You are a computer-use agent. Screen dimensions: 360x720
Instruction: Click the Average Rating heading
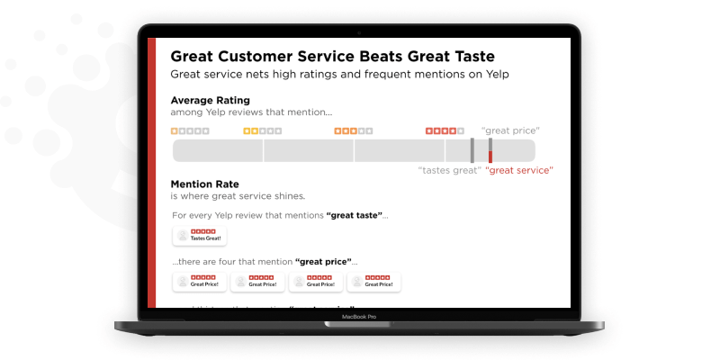click(210, 100)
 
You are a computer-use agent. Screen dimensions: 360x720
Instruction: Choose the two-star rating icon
click(263, 131)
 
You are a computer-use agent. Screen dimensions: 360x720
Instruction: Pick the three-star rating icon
click(354, 131)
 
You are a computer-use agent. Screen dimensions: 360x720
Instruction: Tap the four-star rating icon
click(445, 131)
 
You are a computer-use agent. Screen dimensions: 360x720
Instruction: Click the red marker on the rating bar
click(490, 150)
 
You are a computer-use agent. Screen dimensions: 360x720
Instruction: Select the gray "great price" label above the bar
click(510, 131)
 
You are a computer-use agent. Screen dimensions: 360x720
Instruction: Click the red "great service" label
click(519, 170)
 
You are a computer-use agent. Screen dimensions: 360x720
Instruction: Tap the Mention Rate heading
click(203, 184)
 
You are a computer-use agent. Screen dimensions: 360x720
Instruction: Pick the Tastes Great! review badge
click(200, 236)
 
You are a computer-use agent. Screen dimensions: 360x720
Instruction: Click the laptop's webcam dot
click(359, 32)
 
